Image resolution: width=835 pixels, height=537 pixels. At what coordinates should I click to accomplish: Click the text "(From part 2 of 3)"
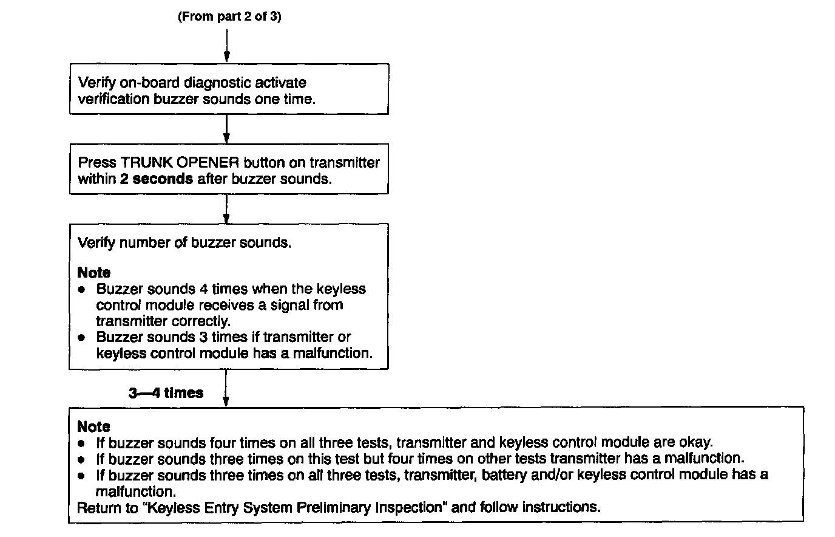[229, 16]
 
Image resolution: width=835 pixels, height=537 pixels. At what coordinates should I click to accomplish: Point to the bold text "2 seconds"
[157, 179]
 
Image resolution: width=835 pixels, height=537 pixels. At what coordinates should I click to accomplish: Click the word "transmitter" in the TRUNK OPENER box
[344, 163]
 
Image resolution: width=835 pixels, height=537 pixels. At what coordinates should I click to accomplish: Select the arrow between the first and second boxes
[226, 129]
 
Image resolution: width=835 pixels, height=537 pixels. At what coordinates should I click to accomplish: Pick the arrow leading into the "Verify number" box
[226, 209]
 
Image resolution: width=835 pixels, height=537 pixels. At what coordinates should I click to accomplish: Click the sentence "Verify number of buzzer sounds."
[184, 243]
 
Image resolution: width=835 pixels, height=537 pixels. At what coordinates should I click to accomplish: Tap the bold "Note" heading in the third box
[94, 273]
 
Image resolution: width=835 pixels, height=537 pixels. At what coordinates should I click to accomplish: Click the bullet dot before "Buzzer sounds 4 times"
[82, 289]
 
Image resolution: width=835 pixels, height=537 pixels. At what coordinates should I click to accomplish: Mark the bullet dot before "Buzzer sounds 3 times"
[82, 337]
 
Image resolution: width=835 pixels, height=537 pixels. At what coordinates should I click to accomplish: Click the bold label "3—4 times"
[166, 393]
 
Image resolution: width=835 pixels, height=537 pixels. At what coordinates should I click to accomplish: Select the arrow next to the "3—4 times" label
[226, 389]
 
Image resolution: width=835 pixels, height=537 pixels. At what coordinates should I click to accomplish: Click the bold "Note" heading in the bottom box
[94, 426]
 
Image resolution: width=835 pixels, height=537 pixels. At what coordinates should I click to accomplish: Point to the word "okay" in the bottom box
[696, 442]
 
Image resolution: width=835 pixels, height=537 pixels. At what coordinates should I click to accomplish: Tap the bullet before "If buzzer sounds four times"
[82, 443]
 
